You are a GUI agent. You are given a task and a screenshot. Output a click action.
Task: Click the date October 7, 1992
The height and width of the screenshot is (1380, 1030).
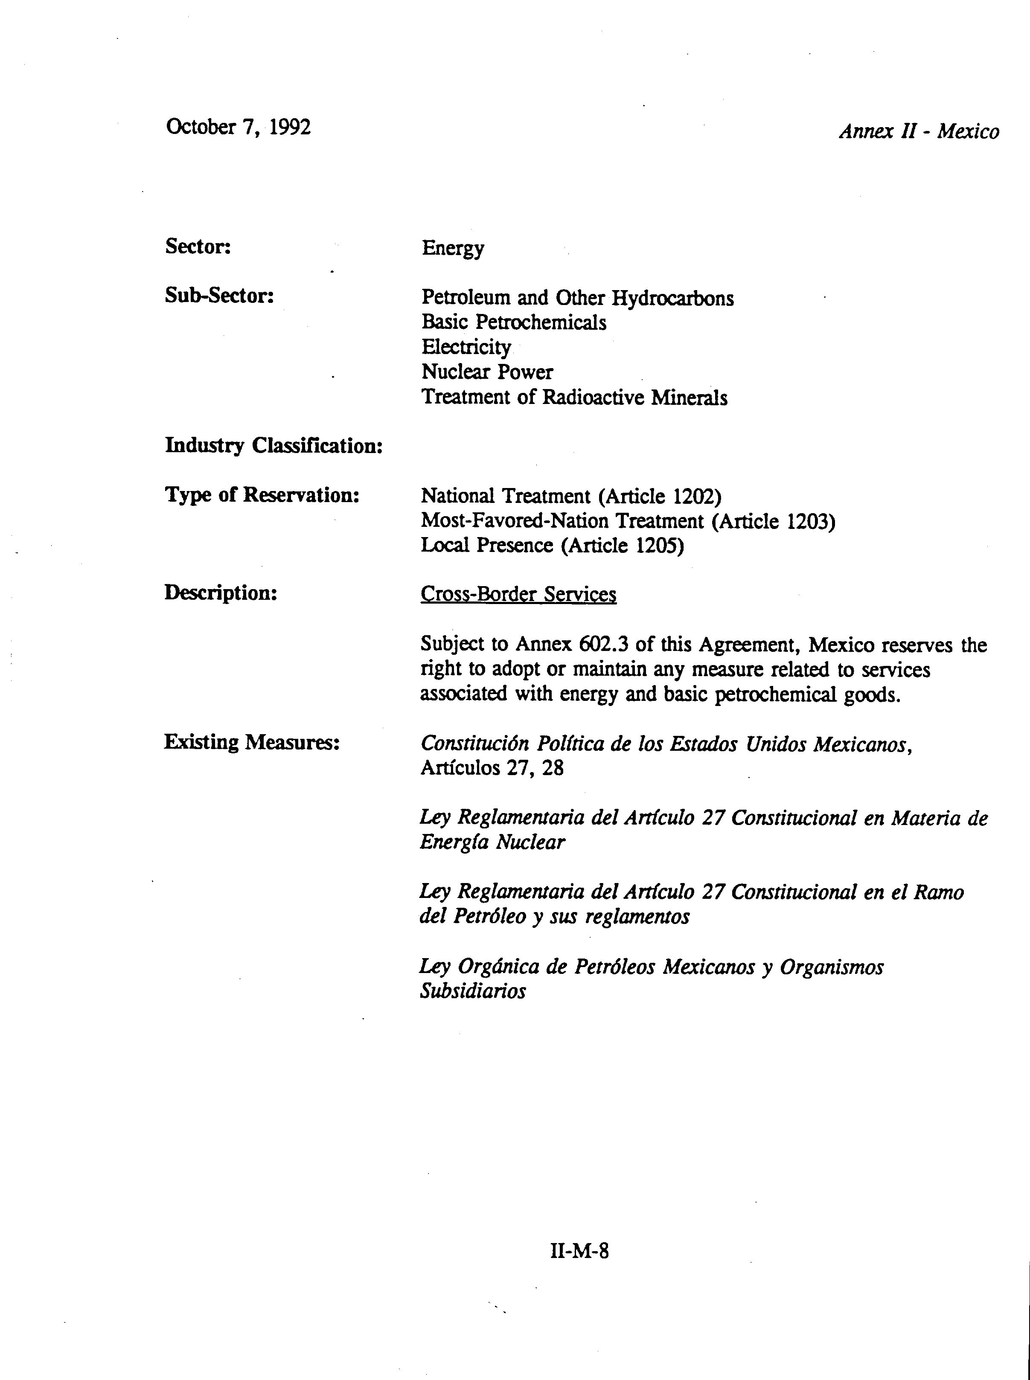[x=238, y=127]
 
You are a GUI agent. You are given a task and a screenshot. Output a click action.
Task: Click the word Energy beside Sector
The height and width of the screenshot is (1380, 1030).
[x=453, y=248]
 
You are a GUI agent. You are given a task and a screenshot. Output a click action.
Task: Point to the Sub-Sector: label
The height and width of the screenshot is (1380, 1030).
[x=219, y=296]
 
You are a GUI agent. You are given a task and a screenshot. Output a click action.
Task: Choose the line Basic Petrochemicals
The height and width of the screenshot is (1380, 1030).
[x=514, y=322]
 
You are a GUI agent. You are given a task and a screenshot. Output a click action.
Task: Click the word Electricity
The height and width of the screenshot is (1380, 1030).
[x=466, y=347]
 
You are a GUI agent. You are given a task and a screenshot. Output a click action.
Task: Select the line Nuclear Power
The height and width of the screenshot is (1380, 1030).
[x=487, y=372]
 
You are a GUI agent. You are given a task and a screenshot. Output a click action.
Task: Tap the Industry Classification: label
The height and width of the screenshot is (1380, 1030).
[x=274, y=446]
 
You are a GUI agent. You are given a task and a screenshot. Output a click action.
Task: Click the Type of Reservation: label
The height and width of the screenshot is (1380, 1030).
[x=262, y=495]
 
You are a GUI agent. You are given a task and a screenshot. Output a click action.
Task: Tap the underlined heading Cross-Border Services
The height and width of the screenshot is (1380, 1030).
[x=518, y=594]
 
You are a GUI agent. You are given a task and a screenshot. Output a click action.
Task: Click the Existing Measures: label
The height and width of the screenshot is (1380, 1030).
[x=251, y=742]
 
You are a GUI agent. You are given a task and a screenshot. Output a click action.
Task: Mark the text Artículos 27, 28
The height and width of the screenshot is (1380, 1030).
[x=491, y=768]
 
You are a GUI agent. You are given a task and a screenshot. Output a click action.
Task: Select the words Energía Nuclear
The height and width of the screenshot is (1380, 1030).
[x=492, y=843]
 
